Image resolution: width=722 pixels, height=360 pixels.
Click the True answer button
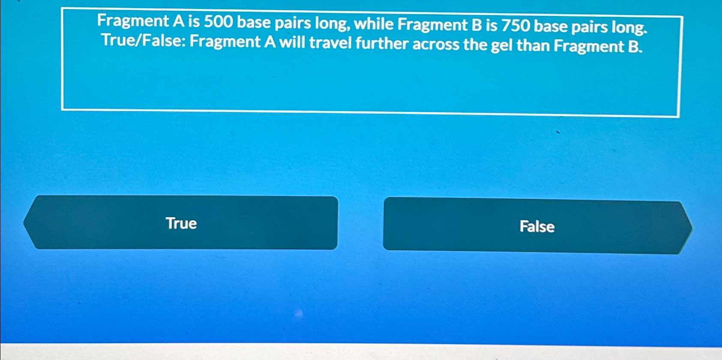click(181, 223)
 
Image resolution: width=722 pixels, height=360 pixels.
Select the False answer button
click(537, 226)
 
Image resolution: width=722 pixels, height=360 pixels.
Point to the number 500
click(218, 21)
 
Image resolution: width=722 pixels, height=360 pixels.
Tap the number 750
click(516, 26)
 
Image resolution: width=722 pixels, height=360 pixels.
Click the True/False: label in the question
click(144, 41)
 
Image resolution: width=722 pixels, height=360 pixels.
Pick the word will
click(293, 42)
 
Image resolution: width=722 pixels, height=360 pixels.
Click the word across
click(435, 44)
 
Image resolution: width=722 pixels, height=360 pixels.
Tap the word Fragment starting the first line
click(133, 21)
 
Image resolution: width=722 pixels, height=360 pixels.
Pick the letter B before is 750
click(476, 25)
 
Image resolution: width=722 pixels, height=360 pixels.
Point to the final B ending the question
click(634, 46)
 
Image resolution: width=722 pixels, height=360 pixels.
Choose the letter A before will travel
click(270, 42)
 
